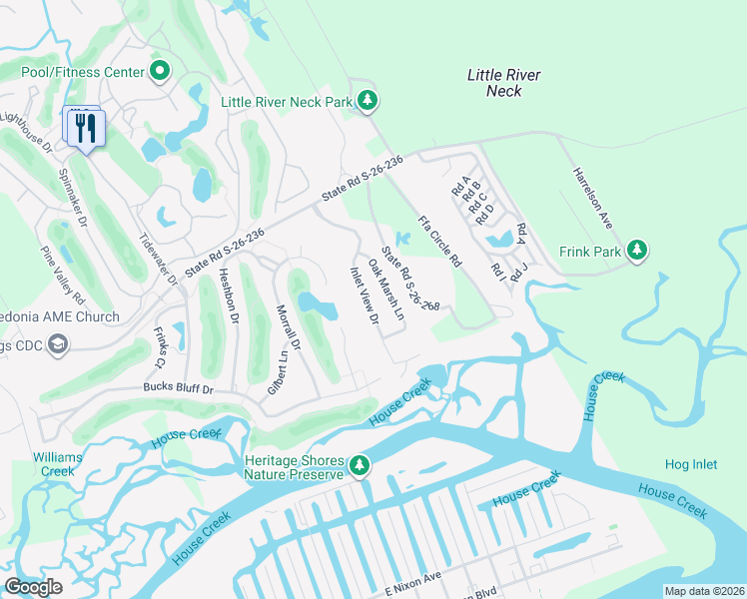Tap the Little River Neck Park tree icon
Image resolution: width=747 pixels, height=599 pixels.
[369, 100]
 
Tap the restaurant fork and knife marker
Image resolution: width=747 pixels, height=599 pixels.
[85, 128]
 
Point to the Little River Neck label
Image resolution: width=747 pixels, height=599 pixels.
[504, 83]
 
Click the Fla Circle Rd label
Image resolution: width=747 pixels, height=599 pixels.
[439, 241]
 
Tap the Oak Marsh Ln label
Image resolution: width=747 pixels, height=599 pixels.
[385, 291]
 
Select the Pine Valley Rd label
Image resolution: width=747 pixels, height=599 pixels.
[62, 277]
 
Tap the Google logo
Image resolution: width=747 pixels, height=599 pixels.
[34, 587]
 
